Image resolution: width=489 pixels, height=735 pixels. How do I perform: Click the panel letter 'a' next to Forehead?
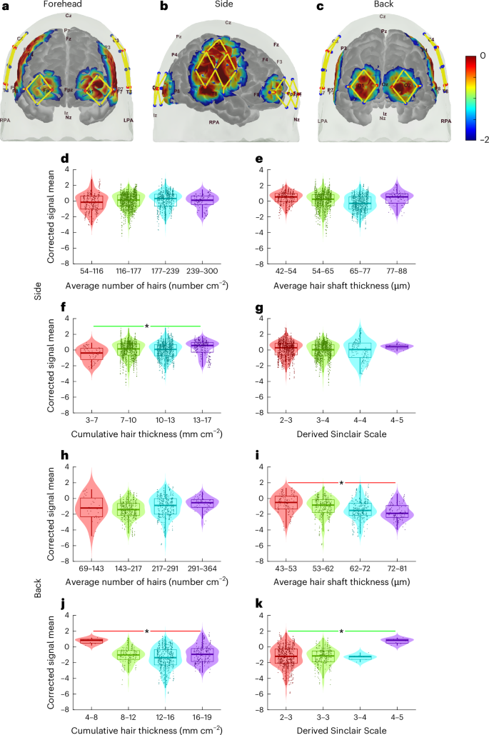pyautogui.click(x=5, y=6)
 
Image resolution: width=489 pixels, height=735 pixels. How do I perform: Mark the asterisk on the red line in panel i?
pyautogui.click(x=341, y=484)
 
